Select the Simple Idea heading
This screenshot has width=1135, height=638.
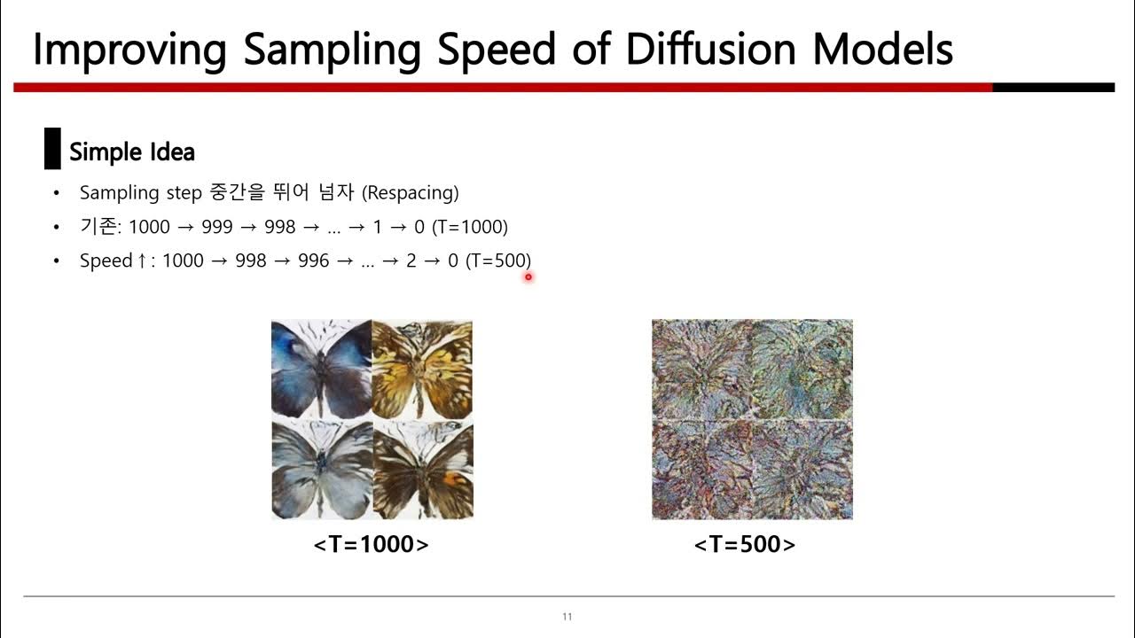coord(131,152)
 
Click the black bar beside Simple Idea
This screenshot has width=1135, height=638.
coord(52,149)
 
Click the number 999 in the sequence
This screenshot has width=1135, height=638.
coord(216,227)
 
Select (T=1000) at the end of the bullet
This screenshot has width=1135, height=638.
coord(470,227)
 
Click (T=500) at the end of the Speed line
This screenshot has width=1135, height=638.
coord(497,261)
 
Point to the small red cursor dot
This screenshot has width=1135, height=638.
coord(528,276)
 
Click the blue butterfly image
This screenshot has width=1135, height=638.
coord(321,370)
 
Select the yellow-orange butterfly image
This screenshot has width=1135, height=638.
coord(422,370)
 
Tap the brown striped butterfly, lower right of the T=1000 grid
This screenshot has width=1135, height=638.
coord(422,470)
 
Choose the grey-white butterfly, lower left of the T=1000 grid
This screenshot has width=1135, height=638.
coord(321,470)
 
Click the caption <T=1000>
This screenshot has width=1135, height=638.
coord(371,544)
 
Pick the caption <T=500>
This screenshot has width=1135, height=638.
coord(745,544)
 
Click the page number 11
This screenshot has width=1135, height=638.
coord(567,617)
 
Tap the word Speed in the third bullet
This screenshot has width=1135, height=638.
coord(106,261)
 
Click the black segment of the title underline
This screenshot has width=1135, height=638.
coord(1053,88)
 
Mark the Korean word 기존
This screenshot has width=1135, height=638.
coord(97,227)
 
